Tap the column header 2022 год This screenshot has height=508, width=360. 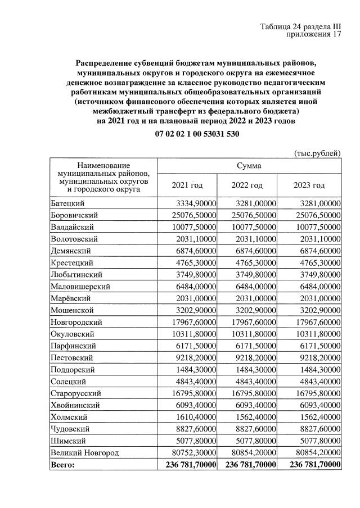click(247, 185)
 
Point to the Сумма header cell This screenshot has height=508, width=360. click(248, 166)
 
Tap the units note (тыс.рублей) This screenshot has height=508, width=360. click(317, 152)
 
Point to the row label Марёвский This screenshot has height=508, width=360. click(69, 298)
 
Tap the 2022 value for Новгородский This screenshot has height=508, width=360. click(251, 322)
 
